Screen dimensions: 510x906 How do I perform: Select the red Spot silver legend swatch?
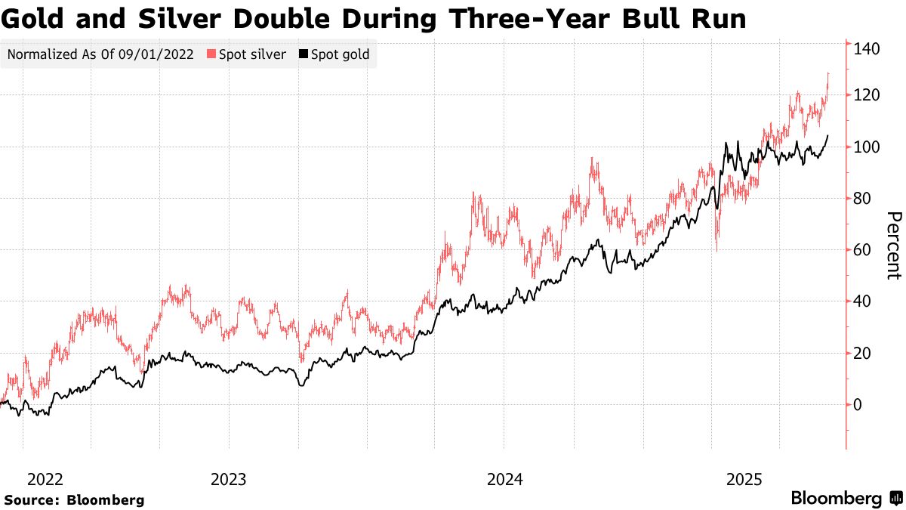click(211, 55)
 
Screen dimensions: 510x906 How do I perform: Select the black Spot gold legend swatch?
click(304, 55)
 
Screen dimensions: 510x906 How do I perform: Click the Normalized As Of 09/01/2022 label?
click(100, 55)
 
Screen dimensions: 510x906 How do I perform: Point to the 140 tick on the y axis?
click(867, 49)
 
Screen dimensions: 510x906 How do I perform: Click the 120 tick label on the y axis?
click(867, 95)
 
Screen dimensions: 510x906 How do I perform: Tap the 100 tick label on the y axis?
click(867, 147)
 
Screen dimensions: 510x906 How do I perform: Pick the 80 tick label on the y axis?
click(862, 199)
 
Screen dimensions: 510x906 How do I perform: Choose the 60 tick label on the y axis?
click(862, 250)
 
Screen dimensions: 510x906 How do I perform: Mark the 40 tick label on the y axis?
click(862, 301)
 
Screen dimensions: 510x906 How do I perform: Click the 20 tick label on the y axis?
click(862, 354)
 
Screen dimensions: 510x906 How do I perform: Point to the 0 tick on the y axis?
click(858, 405)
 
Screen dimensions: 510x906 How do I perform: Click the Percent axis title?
click(893, 246)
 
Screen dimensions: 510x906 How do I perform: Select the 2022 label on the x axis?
click(45, 479)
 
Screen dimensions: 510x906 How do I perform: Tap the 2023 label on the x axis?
click(228, 479)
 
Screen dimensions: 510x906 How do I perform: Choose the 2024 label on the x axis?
click(504, 479)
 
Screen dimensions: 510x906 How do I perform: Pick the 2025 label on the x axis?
click(744, 479)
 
